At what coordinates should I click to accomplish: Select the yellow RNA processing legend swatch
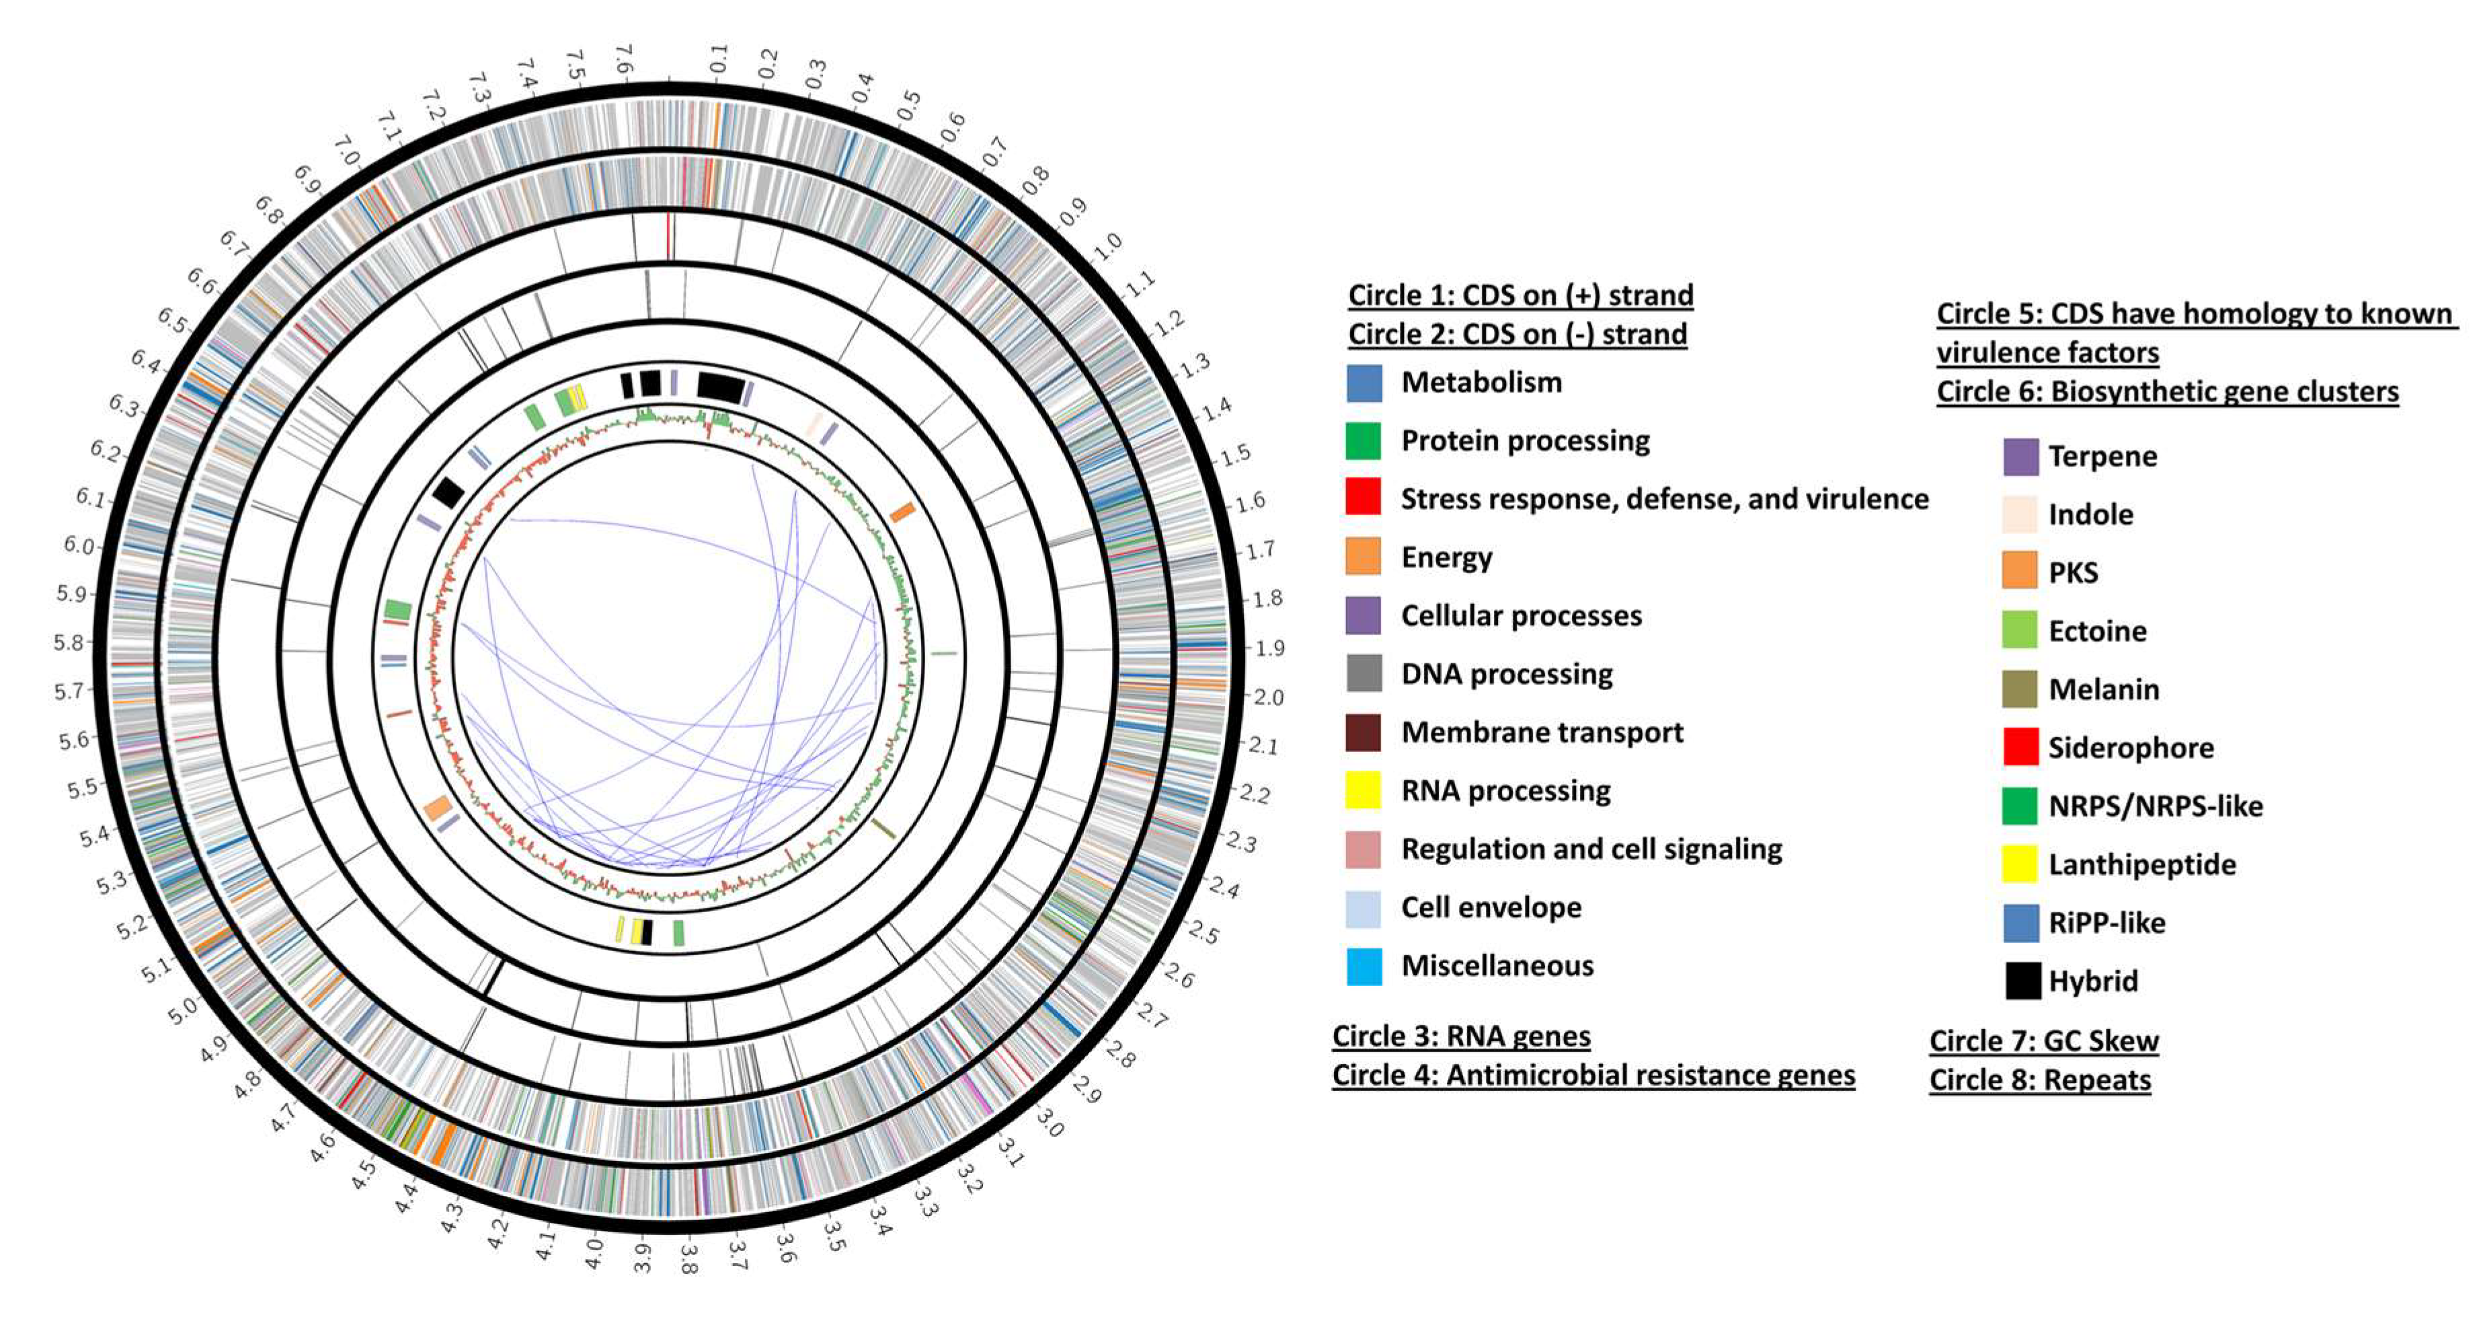pos(1364,791)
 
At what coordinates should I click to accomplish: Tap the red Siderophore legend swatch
pos(2020,747)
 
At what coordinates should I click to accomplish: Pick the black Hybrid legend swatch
pos(2020,981)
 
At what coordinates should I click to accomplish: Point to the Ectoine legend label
pos(2098,632)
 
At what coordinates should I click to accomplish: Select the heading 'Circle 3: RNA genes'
pos(1461,1036)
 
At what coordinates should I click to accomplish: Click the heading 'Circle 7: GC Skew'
pos(2044,1041)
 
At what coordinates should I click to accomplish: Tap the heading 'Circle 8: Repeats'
pos(2040,1080)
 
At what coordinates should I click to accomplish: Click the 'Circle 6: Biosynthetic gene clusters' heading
pos(2168,392)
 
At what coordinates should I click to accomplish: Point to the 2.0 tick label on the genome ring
pos(1267,697)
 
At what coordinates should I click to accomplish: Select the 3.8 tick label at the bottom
pos(687,1258)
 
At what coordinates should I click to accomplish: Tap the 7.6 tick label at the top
pos(625,58)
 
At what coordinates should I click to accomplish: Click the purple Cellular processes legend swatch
pos(1364,616)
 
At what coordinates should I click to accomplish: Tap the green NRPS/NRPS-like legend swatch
pos(2020,806)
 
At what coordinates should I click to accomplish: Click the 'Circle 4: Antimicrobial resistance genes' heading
pos(1593,1076)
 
